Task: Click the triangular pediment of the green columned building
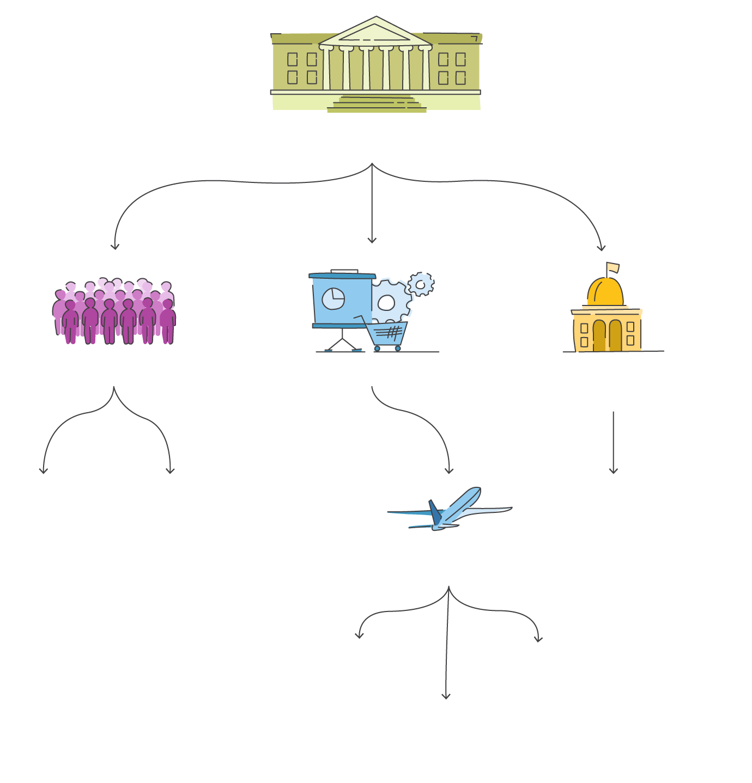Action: tap(375, 33)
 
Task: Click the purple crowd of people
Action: tap(114, 313)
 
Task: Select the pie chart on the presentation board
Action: tap(333, 299)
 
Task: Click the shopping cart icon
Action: tap(387, 334)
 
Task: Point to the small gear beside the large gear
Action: tap(421, 284)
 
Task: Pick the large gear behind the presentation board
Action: tap(390, 301)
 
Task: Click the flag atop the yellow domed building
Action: tap(612, 267)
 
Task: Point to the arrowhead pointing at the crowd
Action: tap(114, 246)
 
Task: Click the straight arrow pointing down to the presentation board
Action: tap(372, 207)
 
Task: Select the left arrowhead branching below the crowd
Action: tap(44, 470)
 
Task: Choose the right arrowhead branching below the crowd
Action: tap(170, 470)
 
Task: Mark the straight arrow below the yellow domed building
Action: tap(614, 441)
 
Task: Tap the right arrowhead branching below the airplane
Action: tap(538, 638)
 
